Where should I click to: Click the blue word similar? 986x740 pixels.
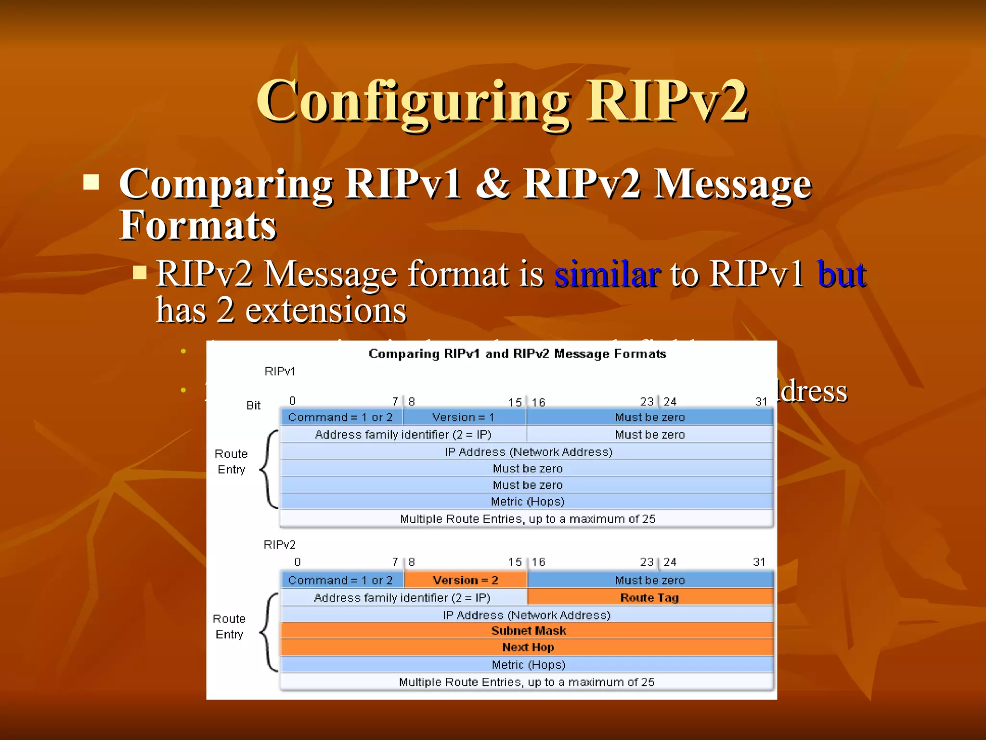pyautogui.click(x=607, y=275)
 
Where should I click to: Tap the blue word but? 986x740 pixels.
pyautogui.click(x=842, y=275)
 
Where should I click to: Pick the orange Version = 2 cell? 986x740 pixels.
pyautogui.click(x=466, y=580)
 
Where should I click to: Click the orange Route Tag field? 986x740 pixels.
pyautogui.click(x=650, y=597)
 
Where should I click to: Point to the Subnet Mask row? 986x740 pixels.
pyautogui.click(x=528, y=631)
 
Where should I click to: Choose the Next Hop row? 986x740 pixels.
pyautogui.click(x=528, y=647)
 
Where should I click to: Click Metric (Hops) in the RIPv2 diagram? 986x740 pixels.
pyautogui.click(x=528, y=664)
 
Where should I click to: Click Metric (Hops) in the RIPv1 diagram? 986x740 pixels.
pyautogui.click(x=527, y=502)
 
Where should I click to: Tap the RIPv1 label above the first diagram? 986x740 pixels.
pyautogui.click(x=280, y=371)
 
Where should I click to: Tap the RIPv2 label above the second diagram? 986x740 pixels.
pyautogui.click(x=279, y=544)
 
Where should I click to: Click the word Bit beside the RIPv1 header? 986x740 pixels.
pyautogui.click(x=253, y=405)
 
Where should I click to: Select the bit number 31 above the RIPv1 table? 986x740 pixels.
pyautogui.click(x=761, y=401)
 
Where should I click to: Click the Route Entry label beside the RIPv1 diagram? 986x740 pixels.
pyautogui.click(x=231, y=462)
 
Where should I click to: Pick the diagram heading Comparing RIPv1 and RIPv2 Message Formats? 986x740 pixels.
pyautogui.click(x=517, y=354)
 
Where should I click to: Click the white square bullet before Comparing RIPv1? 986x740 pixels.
pyautogui.click(x=91, y=182)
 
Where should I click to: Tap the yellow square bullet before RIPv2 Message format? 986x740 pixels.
pyautogui.click(x=140, y=273)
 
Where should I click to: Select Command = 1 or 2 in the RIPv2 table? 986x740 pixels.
pyautogui.click(x=340, y=580)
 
